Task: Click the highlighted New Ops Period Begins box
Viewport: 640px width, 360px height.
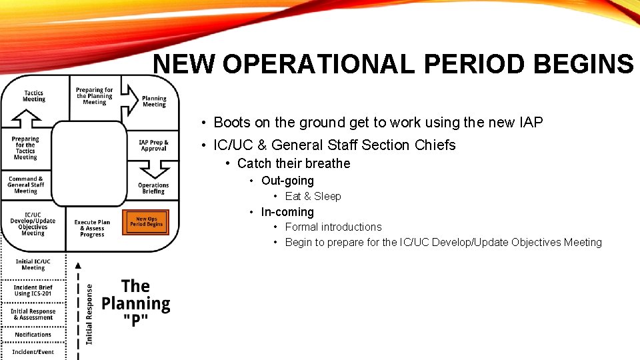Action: click(145, 222)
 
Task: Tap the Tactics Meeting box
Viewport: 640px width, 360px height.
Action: click(33, 97)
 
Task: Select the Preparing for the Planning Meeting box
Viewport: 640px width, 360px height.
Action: click(94, 96)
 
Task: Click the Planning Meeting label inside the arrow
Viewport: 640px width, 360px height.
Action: click(154, 101)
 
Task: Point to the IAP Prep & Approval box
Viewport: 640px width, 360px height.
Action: click(153, 145)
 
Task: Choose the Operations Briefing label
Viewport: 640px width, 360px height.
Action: click(153, 188)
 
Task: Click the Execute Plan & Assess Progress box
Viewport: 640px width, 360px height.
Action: click(92, 229)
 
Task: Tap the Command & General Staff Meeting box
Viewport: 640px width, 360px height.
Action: click(26, 185)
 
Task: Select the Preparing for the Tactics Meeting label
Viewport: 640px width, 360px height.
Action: click(25, 148)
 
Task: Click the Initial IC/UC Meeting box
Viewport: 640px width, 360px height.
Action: click(33, 265)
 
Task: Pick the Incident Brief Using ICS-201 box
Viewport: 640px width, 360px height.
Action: click(33, 290)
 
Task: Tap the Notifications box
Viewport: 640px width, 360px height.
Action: click(33, 335)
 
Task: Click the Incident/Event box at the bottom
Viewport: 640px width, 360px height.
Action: click(33, 351)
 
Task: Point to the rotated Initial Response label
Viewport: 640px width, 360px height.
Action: click(89, 314)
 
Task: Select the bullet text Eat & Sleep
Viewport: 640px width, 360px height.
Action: click(313, 196)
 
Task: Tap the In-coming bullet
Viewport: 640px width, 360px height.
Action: click(287, 212)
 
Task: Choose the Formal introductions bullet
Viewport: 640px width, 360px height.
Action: click(333, 227)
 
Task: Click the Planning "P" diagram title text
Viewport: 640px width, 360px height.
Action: click(135, 303)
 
